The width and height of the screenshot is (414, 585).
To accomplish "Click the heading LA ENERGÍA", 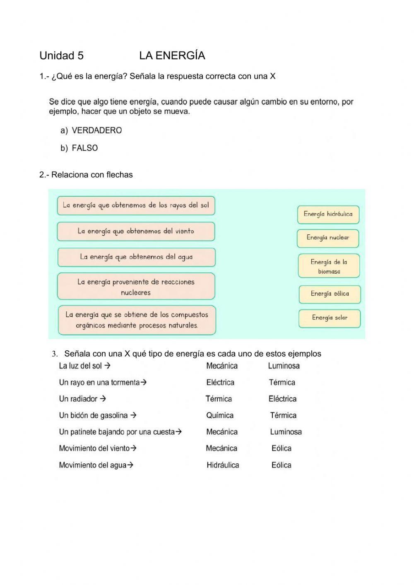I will point(172,55).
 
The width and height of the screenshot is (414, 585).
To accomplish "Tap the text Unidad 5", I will point(61,55).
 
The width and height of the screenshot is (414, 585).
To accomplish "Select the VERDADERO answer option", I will point(96,130).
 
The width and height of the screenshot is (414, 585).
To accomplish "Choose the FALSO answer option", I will point(84,148).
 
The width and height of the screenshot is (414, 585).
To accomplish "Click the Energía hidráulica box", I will point(328,214).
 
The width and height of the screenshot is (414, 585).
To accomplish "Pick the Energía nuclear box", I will point(328,238).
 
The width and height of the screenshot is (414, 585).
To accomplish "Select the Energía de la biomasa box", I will point(329,266).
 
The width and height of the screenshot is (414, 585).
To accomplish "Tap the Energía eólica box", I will point(330,294).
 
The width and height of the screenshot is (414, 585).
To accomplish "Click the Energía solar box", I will point(330,318).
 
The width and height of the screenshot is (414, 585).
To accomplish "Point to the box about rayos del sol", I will point(136,205).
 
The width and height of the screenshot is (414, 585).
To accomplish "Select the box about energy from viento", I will point(136,231).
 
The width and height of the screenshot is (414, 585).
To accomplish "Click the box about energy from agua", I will point(136,257).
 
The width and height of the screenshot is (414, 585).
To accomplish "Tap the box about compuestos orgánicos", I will point(137,320).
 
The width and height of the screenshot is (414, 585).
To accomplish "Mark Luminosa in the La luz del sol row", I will point(284,366).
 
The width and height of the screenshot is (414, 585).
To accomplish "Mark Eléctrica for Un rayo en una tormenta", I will point(220,383).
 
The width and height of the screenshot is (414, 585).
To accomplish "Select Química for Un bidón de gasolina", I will point(220,415).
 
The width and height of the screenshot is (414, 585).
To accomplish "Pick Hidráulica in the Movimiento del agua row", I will point(223,465).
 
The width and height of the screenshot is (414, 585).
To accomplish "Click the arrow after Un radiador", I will point(103,399).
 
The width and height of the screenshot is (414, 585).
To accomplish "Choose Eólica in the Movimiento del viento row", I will point(282,448).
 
